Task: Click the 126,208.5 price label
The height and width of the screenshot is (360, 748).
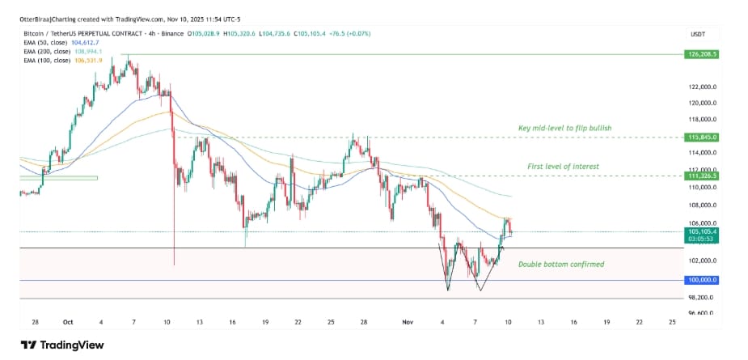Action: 700,54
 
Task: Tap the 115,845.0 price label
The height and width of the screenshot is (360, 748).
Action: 700,138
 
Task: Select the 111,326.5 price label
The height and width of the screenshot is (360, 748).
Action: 700,175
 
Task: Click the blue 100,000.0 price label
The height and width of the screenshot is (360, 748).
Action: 700,280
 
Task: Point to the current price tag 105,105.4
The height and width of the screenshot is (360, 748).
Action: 700,231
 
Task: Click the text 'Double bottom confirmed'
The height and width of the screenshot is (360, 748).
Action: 560,265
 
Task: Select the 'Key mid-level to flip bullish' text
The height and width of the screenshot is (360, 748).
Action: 564,129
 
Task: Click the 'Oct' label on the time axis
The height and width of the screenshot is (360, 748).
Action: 68,321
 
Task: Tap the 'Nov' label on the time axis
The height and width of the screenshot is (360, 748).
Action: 408,321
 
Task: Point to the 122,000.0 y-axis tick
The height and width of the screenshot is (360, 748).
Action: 700,87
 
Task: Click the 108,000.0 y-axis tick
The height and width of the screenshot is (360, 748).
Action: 700,205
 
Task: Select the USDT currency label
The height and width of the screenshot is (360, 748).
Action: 698,34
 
